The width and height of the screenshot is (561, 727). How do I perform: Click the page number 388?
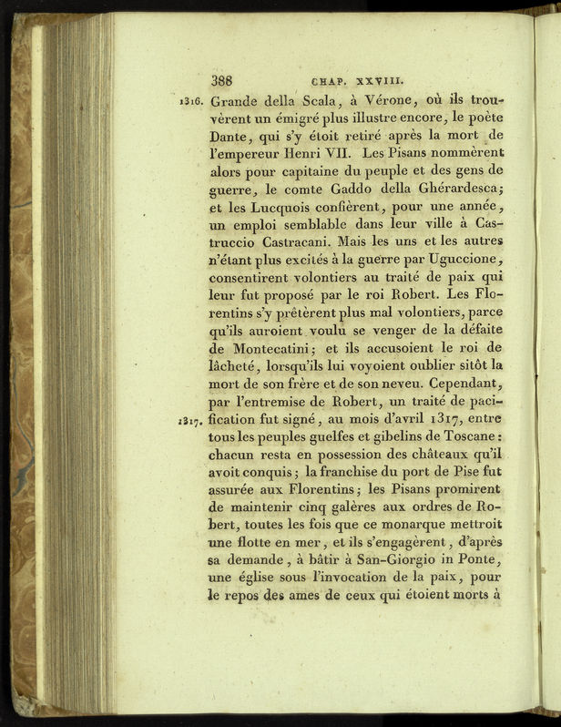point(226,79)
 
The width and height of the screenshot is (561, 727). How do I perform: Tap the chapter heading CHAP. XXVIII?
point(363,79)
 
